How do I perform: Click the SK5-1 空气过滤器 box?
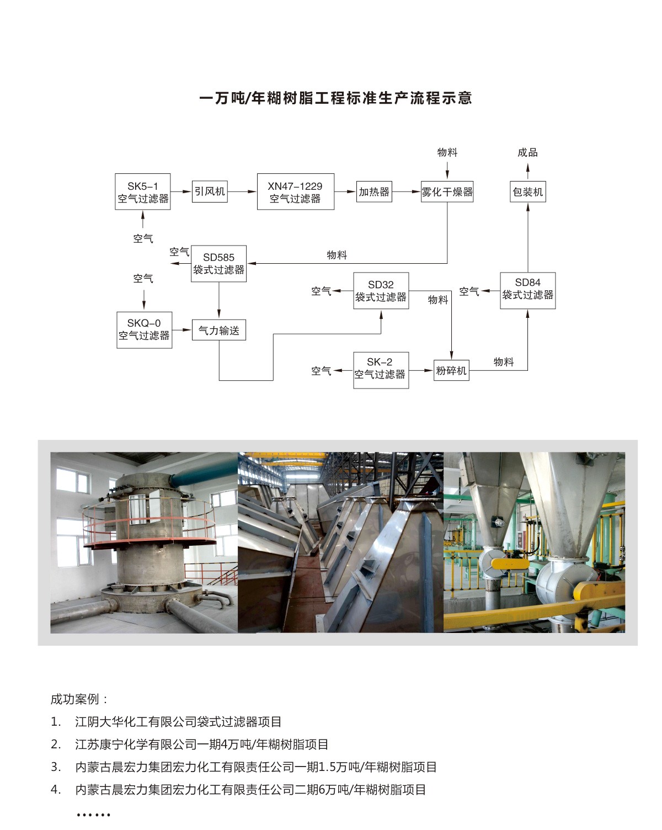[x=143, y=191]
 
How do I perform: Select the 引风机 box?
[x=210, y=191]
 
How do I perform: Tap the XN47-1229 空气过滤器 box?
[x=295, y=191]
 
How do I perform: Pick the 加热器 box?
[x=374, y=191]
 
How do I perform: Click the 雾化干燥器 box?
[x=447, y=191]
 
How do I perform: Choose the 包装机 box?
[x=527, y=191]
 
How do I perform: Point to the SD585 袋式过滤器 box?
[x=218, y=264]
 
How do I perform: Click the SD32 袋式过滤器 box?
[x=381, y=291]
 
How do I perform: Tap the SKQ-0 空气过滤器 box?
[x=144, y=329]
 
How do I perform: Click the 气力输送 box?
[x=218, y=330]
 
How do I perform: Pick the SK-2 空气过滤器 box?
[x=381, y=370]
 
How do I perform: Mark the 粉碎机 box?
[x=451, y=370]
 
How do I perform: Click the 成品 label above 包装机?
[x=527, y=152]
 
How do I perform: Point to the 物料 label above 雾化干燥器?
[x=447, y=152]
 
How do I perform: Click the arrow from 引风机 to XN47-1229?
[x=242, y=191]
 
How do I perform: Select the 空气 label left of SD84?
[x=469, y=291]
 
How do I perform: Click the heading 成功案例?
[x=79, y=699]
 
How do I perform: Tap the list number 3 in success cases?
[x=56, y=767]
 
